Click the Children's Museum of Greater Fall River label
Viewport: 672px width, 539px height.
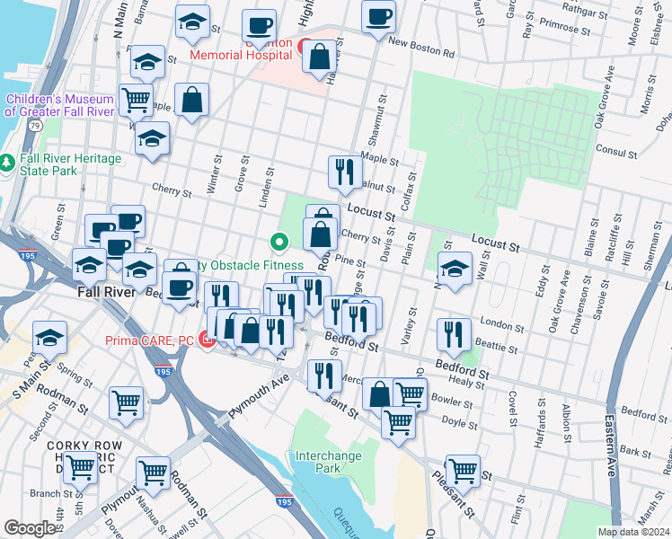tap(59, 105)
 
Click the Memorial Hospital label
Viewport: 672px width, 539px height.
tap(241, 54)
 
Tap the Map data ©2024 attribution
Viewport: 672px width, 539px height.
tap(633, 532)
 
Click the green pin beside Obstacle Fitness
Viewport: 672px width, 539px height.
tap(279, 241)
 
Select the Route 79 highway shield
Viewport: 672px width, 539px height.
tap(33, 126)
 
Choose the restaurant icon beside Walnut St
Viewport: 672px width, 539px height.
tap(345, 170)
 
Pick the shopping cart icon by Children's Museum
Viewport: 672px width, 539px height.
tap(136, 100)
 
